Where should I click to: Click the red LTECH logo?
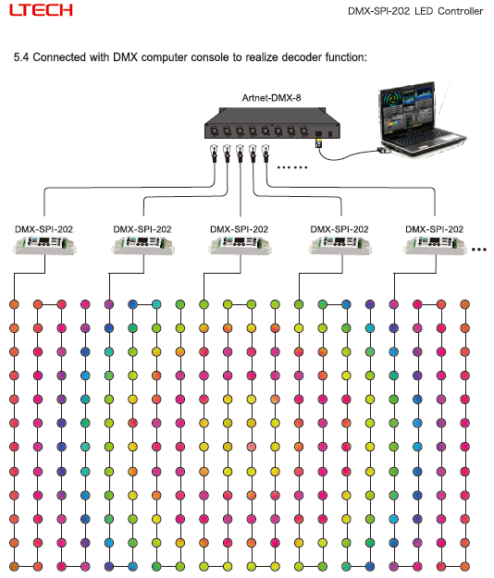(41, 10)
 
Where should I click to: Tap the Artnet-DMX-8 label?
(271, 98)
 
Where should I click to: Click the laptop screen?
(408, 110)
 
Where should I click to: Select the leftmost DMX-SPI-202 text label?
(43, 229)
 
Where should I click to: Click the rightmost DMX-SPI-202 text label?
(434, 229)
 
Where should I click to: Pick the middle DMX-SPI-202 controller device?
(240, 245)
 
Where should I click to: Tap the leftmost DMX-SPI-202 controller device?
(44, 245)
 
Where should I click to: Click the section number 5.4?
(21, 57)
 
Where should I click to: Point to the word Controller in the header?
(460, 11)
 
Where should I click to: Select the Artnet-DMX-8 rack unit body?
(272, 123)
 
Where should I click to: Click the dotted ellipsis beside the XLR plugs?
(292, 167)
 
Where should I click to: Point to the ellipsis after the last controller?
(479, 250)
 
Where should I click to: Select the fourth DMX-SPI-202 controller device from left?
(340, 245)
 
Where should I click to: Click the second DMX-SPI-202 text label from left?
(142, 229)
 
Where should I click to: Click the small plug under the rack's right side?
(319, 143)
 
